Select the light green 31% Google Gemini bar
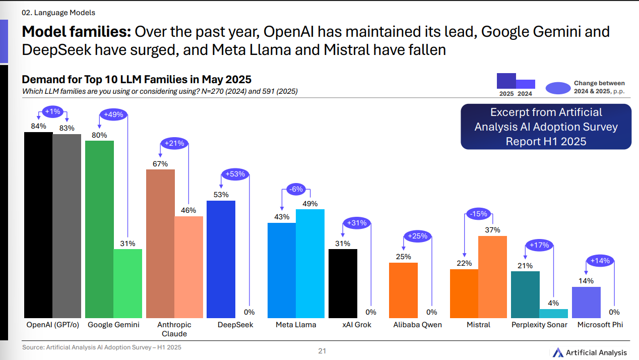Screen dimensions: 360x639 pyautogui.click(x=127, y=283)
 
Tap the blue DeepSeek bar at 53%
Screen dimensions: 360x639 pyautogui.click(x=221, y=259)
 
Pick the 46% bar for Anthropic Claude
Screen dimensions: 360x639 pyautogui.click(x=188, y=266)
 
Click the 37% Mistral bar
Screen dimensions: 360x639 pyautogui.click(x=492, y=276)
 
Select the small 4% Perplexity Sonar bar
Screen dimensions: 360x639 pyautogui.click(x=553, y=313)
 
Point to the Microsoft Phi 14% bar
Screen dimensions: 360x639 pyautogui.click(x=586, y=302)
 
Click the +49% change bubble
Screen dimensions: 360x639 pyautogui.click(x=113, y=114)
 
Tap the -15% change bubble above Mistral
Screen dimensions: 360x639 pyautogui.click(x=478, y=214)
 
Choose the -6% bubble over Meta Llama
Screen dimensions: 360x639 pyautogui.click(x=295, y=190)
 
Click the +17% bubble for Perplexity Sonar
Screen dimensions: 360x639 pyautogui.click(x=539, y=246)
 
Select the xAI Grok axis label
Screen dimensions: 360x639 pyautogui.click(x=356, y=325)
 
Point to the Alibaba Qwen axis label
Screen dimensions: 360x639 pyautogui.click(x=417, y=325)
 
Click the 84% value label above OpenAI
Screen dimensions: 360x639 pyautogui.click(x=38, y=126)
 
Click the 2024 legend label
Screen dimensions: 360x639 pyautogui.click(x=525, y=94)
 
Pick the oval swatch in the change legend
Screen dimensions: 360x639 pyautogui.click(x=554, y=88)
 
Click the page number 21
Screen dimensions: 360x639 pyautogui.click(x=322, y=351)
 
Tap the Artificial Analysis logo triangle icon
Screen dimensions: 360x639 pyautogui.click(x=557, y=352)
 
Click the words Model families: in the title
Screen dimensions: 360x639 pyautogui.click(x=76, y=32)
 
